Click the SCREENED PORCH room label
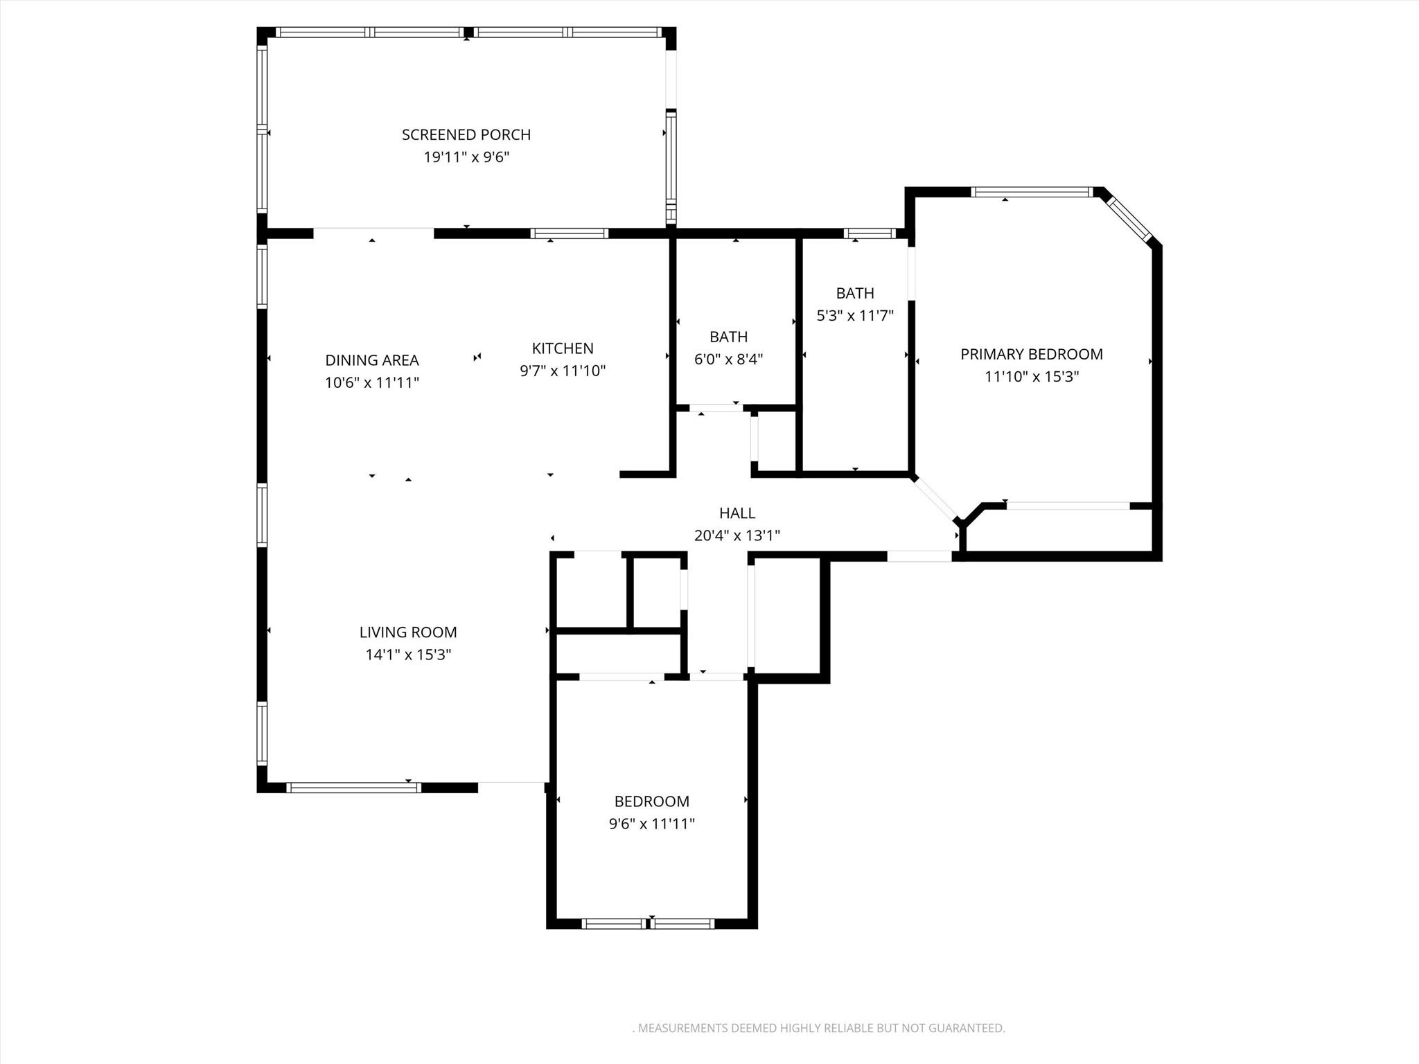pyautogui.click(x=466, y=134)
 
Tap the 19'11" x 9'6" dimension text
pyautogui.click(x=466, y=157)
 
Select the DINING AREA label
pyautogui.click(x=372, y=360)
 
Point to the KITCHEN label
pyautogui.click(x=563, y=348)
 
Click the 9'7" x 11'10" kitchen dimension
pyautogui.click(x=563, y=371)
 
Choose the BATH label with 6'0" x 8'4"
pyautogui.click(x=728, y=337)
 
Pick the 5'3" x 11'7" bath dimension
pyautogui.click(x=855, y=316)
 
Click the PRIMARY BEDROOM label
pyautogui.click(x=1031, y=354)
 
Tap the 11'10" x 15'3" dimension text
pyautogui.click(x=1031, y=377)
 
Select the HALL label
pyautogui.click(x=737, y=513)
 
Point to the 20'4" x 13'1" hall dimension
pyautogui.click(x=737, y=535)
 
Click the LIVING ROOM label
pyautogui.click(x=408, y=632)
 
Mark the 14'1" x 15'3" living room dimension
pyautogui.click(x=408, y=655)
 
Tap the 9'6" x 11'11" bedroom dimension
pyautogui.click(x=651, y=824)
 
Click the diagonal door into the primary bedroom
pyautogui.click(x=935, y=497)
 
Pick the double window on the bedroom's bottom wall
pyautogui.click(x=648, y=923)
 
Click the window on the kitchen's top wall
pyautogui.click(x=570, y=233)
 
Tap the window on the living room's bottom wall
pyautogui.click(x=353, y=787)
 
